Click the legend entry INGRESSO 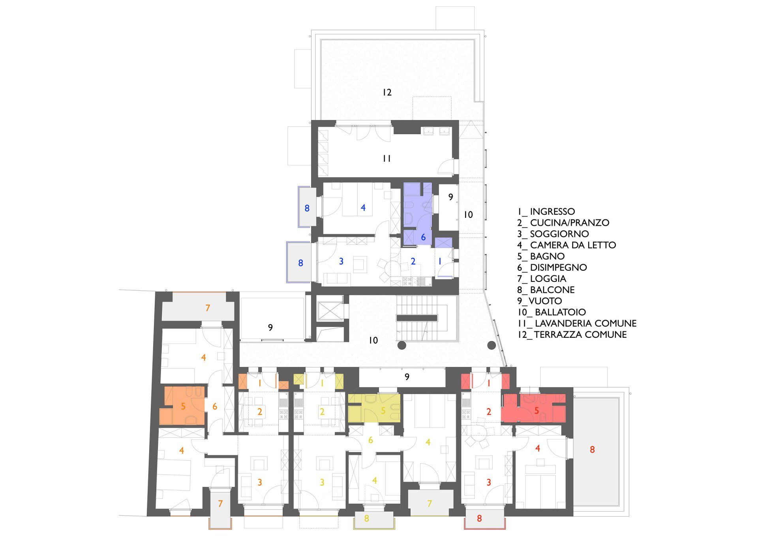coord(552,212)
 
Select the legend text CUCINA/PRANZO coord(569,223)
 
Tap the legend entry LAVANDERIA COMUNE coord(585,323)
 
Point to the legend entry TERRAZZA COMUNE coord(580,335)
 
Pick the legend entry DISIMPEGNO coord(558,267)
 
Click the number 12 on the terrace coord(387,92)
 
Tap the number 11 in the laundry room coord(387,159)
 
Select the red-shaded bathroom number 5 coord(537,411)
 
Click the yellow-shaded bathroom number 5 coord(383,411)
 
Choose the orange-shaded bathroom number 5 coord(183,406)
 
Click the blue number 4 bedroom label coord(363,207)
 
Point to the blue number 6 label coord(424,237)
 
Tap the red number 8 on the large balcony coord(592,449)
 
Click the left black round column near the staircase coord(402,345)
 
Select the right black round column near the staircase coord(491,345)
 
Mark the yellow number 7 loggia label coord(430,503)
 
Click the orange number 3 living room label coord(260,482)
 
